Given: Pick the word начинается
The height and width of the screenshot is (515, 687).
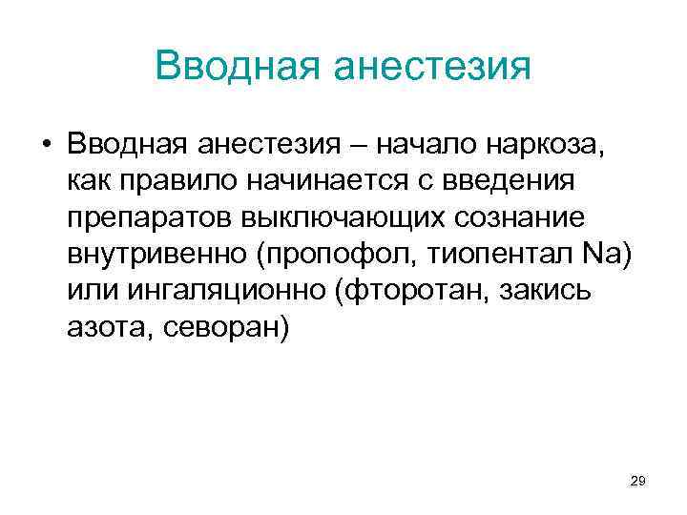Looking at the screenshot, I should pyautogui.click(x=322, y=181).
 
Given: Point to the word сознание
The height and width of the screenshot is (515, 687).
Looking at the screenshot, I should pyautogui.click(x=510, y=217).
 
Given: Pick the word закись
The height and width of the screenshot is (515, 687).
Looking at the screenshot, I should pyautogui.click(x=548, y=290).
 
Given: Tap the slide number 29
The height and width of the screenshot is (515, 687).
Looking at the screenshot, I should pyautogui.click(x=638, y=483).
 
